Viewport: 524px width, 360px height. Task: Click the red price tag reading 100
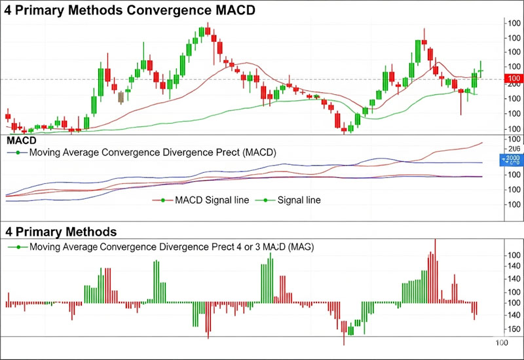514,79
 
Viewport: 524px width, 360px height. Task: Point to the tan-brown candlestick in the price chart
121,97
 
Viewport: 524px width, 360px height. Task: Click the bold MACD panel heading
20,141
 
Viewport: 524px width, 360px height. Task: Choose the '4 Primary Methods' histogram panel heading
61,232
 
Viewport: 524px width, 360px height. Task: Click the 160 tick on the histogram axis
514,329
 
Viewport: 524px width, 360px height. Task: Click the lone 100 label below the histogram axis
501,342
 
